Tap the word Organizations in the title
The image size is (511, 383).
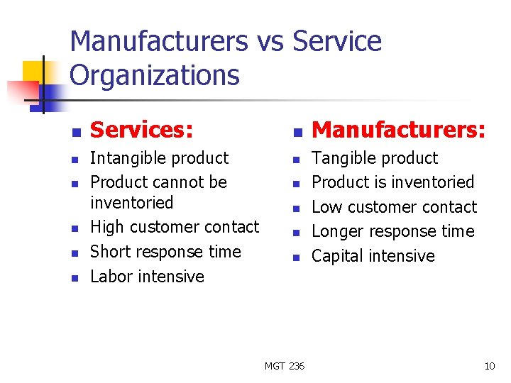tap(155, 75)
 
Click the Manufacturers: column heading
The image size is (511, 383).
tap(399, 130)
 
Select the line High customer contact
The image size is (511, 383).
tap(175, 227)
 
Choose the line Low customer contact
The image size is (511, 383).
tap(394, 207)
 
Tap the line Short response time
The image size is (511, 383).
tap(165, 252)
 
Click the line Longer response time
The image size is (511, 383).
tap(392, 231)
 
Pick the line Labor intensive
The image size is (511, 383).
tap(147, 277)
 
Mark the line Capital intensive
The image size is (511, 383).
tap(373, 256)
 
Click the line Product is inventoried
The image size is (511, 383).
tap(392, 182)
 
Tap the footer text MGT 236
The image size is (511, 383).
tap(284, 366)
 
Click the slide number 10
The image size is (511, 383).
tap(489, 366)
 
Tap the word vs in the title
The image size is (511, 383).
tap(269, 42)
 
